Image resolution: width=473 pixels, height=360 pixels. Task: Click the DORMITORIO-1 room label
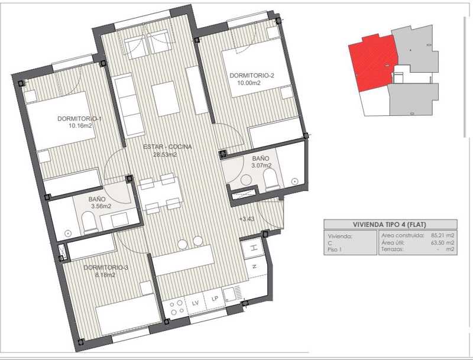79,119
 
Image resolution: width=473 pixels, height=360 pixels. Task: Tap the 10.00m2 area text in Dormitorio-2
248,83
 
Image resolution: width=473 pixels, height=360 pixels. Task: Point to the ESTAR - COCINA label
167,147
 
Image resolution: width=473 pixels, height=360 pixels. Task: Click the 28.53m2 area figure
164,155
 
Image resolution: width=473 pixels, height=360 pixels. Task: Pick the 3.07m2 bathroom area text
261,166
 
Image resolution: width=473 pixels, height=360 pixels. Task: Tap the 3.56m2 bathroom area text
101,206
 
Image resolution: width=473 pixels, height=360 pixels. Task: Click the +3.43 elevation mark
247,219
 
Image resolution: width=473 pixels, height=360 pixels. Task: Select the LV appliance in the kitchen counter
196,303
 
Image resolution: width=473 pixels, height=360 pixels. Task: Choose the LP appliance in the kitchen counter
215,299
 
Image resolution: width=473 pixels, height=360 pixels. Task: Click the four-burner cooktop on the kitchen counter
176,307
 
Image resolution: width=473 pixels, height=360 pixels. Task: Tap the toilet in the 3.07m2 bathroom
272,179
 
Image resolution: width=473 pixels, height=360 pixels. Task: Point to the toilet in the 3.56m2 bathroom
89,222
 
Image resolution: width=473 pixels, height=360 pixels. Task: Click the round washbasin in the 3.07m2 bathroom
246,180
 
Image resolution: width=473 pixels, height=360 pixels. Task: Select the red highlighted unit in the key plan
374,63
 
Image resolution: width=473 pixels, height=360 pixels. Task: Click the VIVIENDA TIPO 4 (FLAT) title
389,224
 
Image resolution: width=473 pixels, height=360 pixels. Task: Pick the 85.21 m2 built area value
442,235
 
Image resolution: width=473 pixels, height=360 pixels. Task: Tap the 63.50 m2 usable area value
442,242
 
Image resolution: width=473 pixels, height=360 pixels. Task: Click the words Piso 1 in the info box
335,249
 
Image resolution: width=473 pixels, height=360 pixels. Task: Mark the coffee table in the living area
166,99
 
